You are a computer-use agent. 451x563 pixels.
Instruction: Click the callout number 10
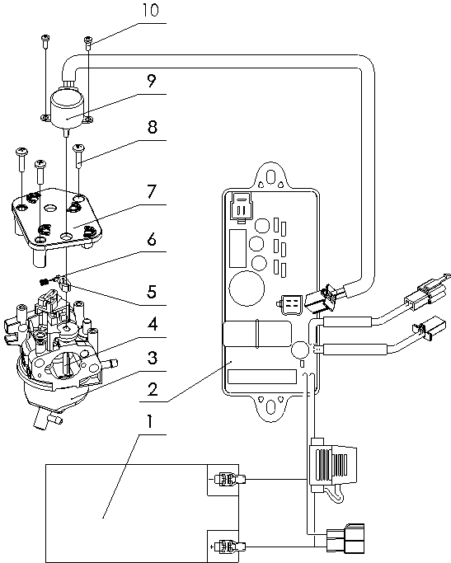[150, 10]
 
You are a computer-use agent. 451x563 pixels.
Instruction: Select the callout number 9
[152, 81]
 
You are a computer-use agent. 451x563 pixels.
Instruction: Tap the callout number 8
[153, 127]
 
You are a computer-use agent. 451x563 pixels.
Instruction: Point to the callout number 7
[152, 191]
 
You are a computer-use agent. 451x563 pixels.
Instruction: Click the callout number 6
[152, 240]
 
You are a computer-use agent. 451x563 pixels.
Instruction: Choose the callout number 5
[152, 292]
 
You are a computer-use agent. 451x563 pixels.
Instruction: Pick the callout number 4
[153, 324]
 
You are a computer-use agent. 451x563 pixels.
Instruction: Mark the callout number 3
[153, 358]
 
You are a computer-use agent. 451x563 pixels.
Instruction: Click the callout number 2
[153, 389]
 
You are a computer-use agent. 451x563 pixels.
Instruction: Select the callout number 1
[150, 421]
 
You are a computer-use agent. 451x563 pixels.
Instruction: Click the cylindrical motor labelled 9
[67, 108]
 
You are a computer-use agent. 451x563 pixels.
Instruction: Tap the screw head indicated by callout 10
[88, 39]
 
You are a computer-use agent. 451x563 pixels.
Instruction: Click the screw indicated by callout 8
[78, 155]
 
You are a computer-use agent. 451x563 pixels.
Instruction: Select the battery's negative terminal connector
[230, 479]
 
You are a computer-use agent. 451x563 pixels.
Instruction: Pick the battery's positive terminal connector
[230, 547]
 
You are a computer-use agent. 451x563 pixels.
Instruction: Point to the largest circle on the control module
[247, 288]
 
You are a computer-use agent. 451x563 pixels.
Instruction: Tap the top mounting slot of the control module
[271, 177]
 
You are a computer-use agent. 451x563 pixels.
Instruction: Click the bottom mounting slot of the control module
[270, 407]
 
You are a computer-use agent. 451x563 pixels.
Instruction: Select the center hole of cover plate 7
[50, 208]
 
